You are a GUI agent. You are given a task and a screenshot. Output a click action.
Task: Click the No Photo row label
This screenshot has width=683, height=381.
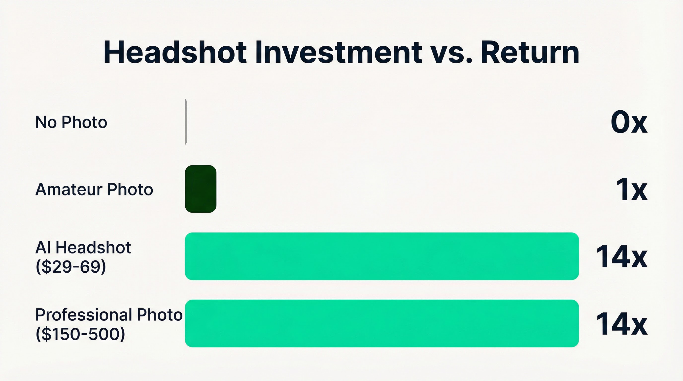click(71, 122)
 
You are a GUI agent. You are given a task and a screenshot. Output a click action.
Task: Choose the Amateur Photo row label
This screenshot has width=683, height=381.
click(94, 190)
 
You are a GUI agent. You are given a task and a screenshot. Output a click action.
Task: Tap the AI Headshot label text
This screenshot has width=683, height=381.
click(83, 248)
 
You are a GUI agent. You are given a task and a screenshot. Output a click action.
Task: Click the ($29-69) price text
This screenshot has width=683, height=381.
click(71, 267)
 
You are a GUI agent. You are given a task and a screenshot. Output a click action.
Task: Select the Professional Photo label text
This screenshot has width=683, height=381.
click(109, 315)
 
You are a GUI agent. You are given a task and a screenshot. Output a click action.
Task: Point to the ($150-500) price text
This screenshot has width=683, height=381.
click(80, 334)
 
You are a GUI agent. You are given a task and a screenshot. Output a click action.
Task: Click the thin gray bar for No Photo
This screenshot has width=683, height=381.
click(186, 122)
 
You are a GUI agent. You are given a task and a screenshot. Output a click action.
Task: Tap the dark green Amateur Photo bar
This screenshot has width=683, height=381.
click(201, 189)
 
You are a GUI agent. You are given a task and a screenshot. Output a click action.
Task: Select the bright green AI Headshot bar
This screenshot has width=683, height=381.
click(382, 256)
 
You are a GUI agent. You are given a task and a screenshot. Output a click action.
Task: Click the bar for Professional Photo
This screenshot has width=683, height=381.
click(382, 323)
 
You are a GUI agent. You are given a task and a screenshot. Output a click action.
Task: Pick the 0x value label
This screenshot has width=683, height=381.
click(629, 122)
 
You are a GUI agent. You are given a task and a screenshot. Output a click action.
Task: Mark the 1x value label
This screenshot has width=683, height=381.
click(632, 190)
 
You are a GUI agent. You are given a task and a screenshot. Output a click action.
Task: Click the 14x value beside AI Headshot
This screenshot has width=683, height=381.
click(622, 256)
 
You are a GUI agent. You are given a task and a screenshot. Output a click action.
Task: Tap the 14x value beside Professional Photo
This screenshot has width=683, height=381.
click(622, 324)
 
